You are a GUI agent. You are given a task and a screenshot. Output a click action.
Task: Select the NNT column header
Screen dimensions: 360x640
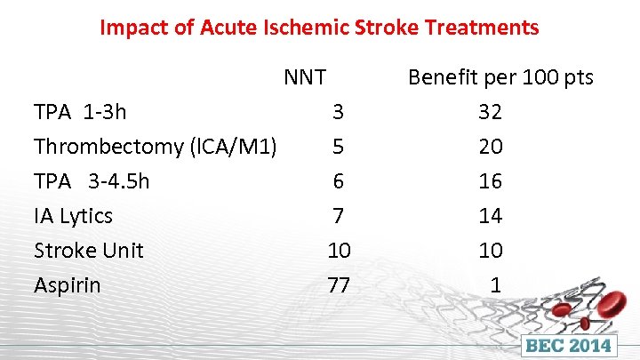point(305,77)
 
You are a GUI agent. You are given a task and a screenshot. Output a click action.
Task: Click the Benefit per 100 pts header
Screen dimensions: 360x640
point(500,77)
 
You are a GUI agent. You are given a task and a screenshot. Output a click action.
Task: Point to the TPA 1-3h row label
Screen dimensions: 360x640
point(80,112)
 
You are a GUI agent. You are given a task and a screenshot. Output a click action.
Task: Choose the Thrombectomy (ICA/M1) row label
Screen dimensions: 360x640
point(156,147)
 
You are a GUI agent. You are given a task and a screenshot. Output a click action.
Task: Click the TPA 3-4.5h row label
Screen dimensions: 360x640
point(92,181)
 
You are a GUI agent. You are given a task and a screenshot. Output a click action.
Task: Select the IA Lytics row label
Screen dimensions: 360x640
point(73,216)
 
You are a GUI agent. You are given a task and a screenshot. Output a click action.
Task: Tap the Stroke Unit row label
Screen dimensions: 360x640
point(88,251)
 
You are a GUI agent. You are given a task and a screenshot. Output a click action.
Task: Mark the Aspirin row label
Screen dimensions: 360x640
point(67,285)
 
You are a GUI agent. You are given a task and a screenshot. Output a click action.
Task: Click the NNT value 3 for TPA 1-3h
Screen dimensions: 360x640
point(338,112)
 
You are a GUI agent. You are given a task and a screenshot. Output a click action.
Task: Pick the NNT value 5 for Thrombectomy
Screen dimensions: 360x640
point(338,147)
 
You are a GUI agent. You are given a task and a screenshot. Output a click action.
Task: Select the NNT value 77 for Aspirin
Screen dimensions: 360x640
point(338,285)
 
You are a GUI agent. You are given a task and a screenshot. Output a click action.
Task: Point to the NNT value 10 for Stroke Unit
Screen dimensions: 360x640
point(338,251)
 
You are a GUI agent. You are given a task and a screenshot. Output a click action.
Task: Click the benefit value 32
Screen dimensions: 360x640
point(490,112)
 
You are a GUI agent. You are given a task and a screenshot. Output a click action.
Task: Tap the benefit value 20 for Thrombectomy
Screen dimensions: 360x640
point(490,147)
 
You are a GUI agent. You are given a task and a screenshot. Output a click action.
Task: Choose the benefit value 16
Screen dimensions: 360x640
point(490,181)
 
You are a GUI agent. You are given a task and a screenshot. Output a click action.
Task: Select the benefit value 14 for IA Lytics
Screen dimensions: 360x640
point(490,216)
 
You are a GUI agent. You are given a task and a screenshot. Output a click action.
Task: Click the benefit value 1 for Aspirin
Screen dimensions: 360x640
point(496,285)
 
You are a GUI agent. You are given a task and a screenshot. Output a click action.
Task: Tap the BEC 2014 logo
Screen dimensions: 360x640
point(570,343)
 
